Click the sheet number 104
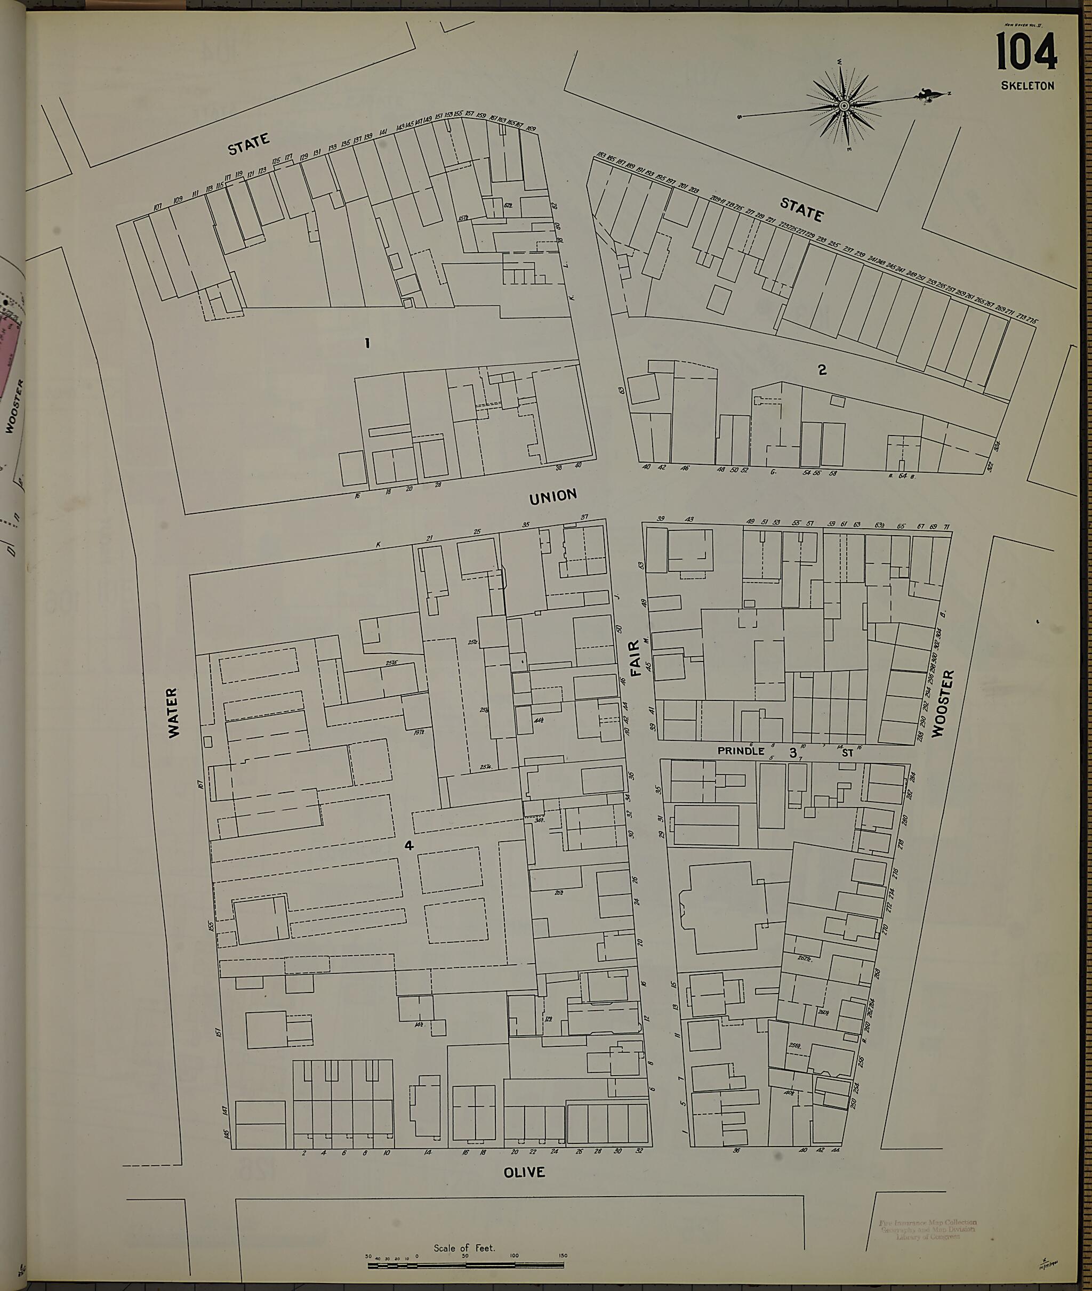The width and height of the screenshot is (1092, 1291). pyautogui.click(x=1026, y=53)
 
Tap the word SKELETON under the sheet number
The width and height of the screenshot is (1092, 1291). pyautogui.click(x=1027, y=86)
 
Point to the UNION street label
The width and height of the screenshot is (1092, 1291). pyautogui.click(x=553, y=496)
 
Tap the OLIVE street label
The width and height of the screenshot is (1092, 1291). pyautogui.click(x=524, y=1172)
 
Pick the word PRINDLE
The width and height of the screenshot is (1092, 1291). pyautogui.click(x=741, y=751)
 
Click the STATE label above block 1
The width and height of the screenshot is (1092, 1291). pyautogui.click(x=249, y=144)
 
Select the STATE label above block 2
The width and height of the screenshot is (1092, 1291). pyautogui.click(x=801, y=209)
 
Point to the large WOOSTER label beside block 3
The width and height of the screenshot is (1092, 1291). pyautogui.click(x=940, y=704)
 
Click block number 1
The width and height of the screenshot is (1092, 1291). pyautogui.click(x=368, y=343)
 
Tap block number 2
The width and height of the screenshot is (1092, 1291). pyautogui.click(x=822, y=370)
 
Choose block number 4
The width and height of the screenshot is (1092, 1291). pyautogui.click(x=408, y=845)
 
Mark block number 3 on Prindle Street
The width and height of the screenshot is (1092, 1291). pyautogui.click(x=792, y=753)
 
